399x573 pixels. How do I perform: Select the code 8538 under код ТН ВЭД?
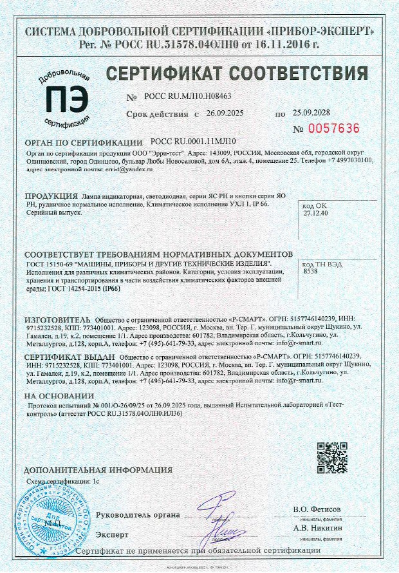(310, 272)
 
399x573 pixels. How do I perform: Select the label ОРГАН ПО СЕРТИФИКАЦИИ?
(83, 142)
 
